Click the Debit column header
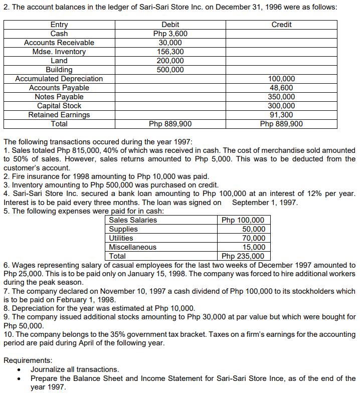point(170,25)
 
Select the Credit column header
point(281,25)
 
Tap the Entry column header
point(59,25)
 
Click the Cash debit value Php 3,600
point(170,34)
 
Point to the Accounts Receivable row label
point(59,43)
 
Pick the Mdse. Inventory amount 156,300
point(170,52)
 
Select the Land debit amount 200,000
point(170,61)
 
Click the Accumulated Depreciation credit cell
point(281,79)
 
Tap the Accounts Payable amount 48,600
point(281,88)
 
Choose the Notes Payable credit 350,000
point(281,97)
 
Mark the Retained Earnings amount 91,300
point(281,115)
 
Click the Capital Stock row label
point(59,106)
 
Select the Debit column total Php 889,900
point(170,124)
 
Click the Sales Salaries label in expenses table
point(133,220)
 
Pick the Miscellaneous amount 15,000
point(253,247)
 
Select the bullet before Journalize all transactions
point(19,370)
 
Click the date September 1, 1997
point(265,203)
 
